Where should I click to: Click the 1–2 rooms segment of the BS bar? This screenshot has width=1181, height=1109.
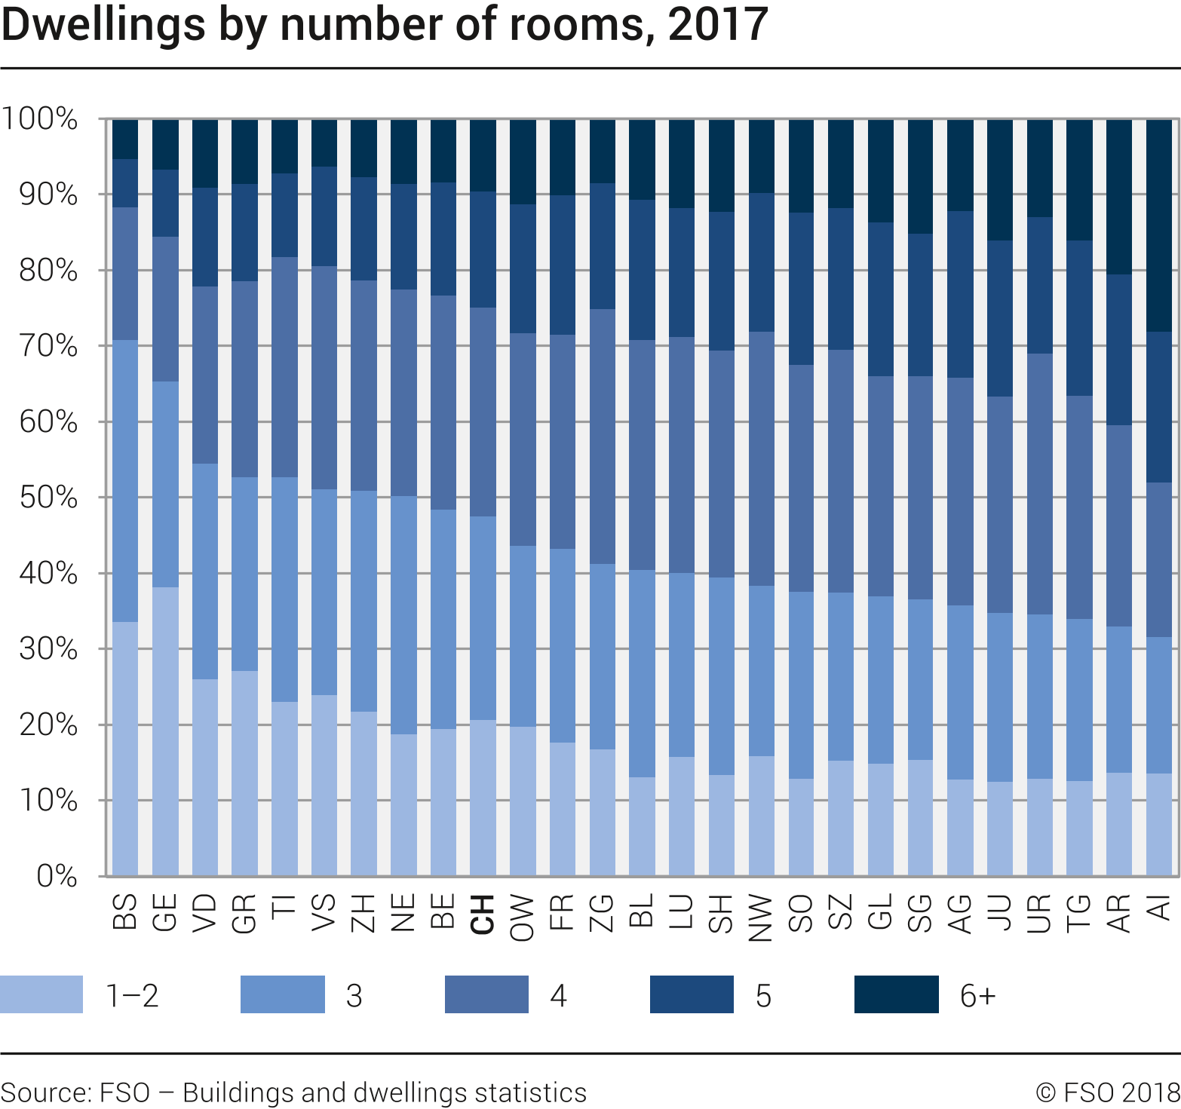[125, 748]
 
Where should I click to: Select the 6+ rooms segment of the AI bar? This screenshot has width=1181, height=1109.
[1159, 225]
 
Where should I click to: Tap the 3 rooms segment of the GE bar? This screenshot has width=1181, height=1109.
[165, 484]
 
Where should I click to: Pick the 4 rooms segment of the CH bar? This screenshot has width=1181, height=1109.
[483, 412]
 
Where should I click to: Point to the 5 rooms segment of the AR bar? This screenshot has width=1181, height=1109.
[1119, 350]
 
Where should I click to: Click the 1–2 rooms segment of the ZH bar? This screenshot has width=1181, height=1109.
[364, 793]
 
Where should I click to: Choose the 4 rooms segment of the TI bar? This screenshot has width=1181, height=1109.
[284, 367]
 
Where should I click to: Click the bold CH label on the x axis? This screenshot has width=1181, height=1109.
[483, 914]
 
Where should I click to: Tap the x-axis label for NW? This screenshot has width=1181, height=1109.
[761, 917]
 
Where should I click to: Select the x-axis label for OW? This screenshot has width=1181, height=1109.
[522, 917]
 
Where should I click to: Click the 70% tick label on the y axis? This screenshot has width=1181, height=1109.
[48, 347]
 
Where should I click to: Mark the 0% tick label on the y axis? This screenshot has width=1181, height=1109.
[57, 876]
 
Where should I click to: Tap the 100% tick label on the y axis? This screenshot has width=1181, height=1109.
[39, 119]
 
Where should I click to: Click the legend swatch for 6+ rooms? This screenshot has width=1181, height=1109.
[896, 994]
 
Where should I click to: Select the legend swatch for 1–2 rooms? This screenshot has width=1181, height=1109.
[41, 994]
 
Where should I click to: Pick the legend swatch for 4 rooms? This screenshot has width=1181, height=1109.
[486, 994]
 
